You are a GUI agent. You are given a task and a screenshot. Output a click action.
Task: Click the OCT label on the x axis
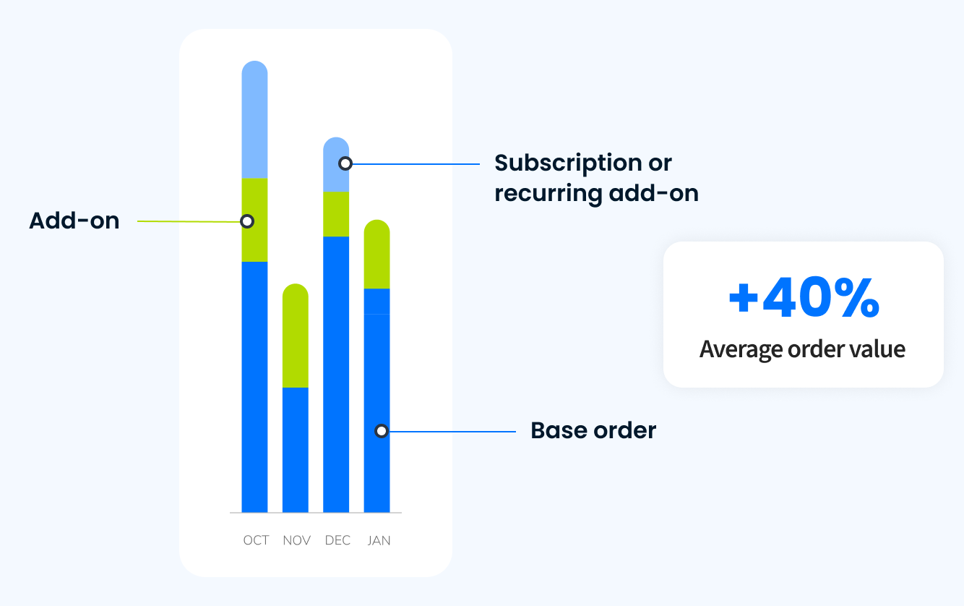tap(256, 541)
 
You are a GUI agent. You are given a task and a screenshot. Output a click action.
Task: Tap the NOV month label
tap(296, 541)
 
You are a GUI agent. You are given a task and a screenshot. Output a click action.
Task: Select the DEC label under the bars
tap(337, 541)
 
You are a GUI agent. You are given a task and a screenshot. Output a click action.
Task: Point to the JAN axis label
tap(379, 541)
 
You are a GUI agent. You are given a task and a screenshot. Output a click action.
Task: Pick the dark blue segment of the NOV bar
tap(295, 448)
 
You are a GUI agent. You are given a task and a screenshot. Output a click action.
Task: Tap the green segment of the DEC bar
tap(336, 214)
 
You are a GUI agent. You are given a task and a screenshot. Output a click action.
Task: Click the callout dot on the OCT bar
tap(247, 221)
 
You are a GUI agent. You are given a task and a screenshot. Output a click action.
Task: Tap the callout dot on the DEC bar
tap(345, 163)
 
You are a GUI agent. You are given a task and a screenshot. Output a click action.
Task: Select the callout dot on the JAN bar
tap(381, 431)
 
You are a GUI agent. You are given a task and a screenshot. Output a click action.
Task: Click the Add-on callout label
tap(74, 221)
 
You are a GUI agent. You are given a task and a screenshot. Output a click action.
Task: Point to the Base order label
tap(593, 431)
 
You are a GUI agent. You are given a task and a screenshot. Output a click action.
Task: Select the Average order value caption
tap(802, 349)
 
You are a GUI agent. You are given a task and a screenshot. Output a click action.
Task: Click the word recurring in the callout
tap(548, 194)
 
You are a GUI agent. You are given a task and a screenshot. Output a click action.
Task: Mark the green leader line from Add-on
tap(188, 221)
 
